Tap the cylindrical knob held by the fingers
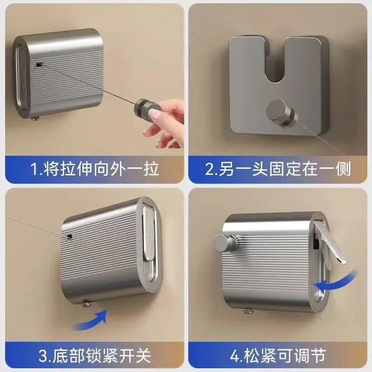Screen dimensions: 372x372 [147, 108]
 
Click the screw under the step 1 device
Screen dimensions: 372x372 [36, 118]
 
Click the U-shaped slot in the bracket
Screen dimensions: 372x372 [275, 62]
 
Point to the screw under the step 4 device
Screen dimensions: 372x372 [248, 311]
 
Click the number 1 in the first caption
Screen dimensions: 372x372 [34, 169]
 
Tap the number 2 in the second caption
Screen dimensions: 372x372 [210, 169]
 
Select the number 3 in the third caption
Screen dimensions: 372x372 [43, 355]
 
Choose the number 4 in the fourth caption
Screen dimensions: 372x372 [235, 355]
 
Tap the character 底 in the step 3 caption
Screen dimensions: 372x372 [60, 355]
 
